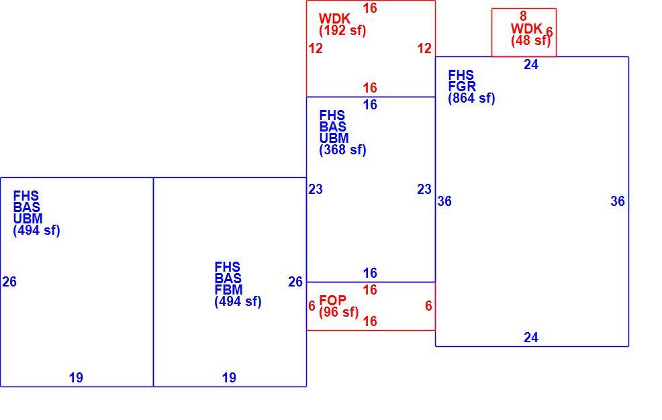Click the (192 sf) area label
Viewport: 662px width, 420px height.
[342, 30]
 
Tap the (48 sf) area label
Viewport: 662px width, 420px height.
[530, 40]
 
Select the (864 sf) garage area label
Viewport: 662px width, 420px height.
[471, 98]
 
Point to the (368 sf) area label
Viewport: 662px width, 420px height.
[342, 150]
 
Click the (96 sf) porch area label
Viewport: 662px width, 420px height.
[339, 312]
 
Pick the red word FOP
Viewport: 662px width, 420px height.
[333, 301]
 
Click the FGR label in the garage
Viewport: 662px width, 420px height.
[462, 87]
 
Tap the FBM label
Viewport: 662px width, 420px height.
[229, 290]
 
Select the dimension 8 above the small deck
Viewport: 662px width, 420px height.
[523, 16]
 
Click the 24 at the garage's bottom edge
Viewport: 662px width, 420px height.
[531, 337]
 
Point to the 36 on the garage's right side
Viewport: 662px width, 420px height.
[618, 201]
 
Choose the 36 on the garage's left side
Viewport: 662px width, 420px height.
[444, 201]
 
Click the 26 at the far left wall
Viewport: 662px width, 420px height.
[9, 282]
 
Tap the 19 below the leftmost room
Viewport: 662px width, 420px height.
[76, 378]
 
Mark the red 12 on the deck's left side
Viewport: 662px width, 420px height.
[316, 48]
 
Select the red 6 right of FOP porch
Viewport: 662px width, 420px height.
[428, 306]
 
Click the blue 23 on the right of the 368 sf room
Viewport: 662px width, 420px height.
[424, 189]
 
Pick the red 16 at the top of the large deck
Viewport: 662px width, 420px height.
[370, 8]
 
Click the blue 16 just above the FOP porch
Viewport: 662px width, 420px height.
[370, 273]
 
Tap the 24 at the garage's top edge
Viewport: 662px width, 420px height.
[531, 64]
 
